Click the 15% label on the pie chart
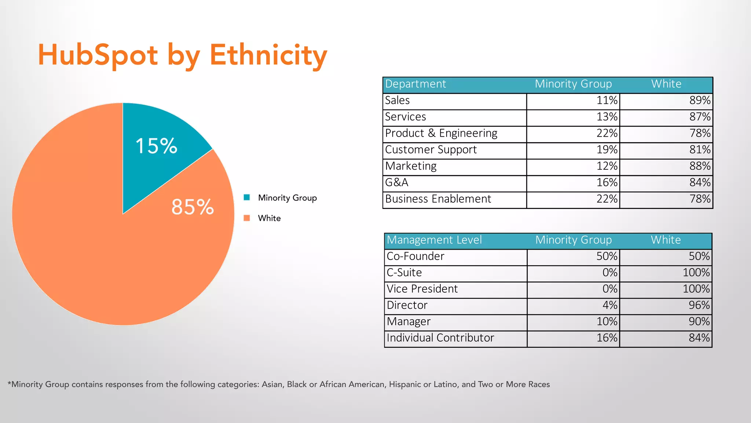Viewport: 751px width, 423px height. tap(157, 146)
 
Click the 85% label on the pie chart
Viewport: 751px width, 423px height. tap(193, 207)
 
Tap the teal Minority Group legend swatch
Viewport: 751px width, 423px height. tap(247, 198)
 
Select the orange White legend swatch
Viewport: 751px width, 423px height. tap(247, 218)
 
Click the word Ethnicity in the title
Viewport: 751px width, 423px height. tap(268, 55)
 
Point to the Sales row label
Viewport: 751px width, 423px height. tap(397, 100)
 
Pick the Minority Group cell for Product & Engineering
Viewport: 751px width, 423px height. tap(607, 133)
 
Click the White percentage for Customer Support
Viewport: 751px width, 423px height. tap(700, 149)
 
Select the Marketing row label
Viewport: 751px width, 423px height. tap(411, 166)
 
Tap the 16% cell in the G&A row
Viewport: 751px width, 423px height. tap(607, 182)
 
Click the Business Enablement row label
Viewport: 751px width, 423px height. tap(438, 199)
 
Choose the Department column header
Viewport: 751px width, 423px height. tap(415, 84)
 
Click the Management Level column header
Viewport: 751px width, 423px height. tap(434, 240)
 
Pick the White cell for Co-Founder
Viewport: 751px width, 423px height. tap(699, 256)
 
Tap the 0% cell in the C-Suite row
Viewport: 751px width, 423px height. tap(610, 272)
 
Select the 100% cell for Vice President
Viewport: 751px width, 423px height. tap(696, 289)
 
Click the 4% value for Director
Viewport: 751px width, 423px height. tap(610, 305)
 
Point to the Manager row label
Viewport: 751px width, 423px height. tap(409, 322)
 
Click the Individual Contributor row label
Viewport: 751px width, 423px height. tap(440, 338)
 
